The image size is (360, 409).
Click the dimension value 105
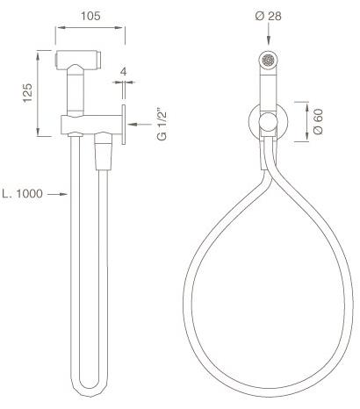pos(90,15)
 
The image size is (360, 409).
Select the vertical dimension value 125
pos(28,92)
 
